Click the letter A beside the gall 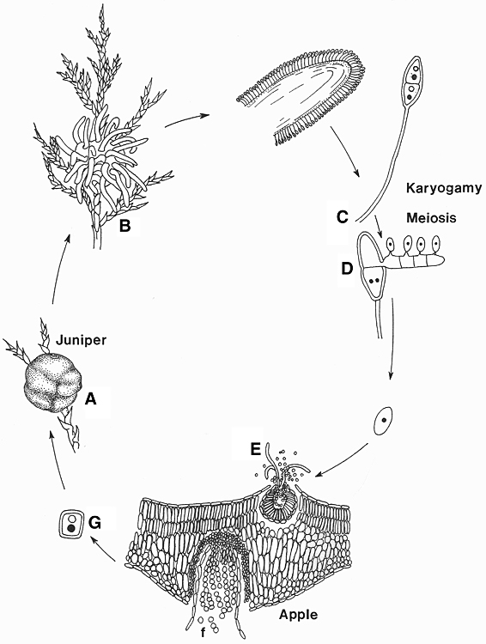pyautogui.click(x=90, y=398)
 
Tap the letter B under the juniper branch pyautogui.click(x=125, y=225)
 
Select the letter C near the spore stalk pyautogui.click(x=343, y=216)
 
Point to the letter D pyautogui.click(x=347, y=269)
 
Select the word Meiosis pyautogui.click(x=431, y=217)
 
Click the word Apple pyautogui.click(x=298, y=615)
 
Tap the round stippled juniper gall pyautogui.click(x=51, y=386)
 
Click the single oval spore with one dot pyautogui.click(x=383, y=420)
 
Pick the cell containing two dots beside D pyautogui.click(x=374, y=282)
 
